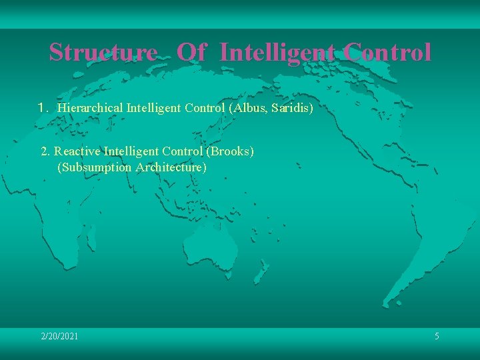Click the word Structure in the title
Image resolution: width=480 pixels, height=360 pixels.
pos(102,52)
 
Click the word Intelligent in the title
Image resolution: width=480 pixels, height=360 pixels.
pos(277,52)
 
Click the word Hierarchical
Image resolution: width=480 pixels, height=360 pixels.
pos(90,107)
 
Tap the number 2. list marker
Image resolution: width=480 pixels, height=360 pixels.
pos(45,151)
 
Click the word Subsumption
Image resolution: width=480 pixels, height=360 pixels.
pos(95,167)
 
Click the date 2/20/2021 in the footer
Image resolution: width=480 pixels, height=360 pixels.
pos(59,337)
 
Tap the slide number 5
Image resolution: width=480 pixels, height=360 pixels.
pos(437,337)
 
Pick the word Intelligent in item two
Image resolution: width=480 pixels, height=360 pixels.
pos(131,151)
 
